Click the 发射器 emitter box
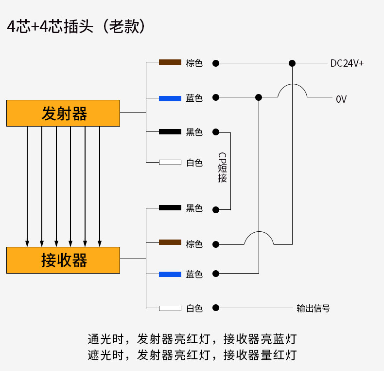click(x=63, y=113)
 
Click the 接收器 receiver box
click(x=63, y=260)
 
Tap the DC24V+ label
click(x=347, y=63)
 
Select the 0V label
click(x=341, y=99)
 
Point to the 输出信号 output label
click(x=314, y=308)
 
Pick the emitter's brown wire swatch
click(x=170, y=62)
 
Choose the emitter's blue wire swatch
click(x=170, y=98)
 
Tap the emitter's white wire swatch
click(x=170, y=162)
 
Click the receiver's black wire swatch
click(x=170, y=208)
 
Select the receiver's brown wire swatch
click(x=170, y=242)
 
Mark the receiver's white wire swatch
click(x=170, y=308)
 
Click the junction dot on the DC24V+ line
click(x=292, y=63)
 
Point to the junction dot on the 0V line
click(x=259, y=97)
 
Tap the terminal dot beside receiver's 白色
click(x=216, y=308)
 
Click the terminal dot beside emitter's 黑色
click(x=216, y=132)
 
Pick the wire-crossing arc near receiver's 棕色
click(x=259, y=237)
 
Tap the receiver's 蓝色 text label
click(x=194, y=275)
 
